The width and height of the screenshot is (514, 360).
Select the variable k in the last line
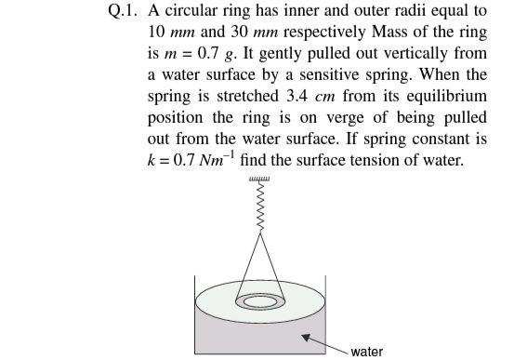pyautogui.click(x=152, y=159)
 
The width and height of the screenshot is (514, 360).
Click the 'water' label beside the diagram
pyautogui.click(x=366, y=352)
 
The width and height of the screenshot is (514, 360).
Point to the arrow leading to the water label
pyautogui.click(x=324, y=342)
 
